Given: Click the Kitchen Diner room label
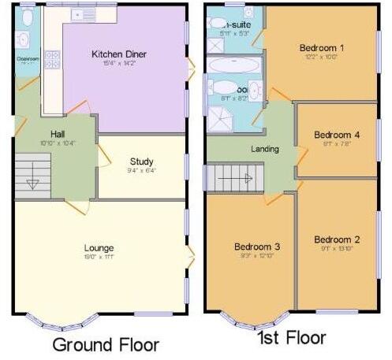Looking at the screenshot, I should (x=119, y=54).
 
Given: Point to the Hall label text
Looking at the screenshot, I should (x=57, y=133).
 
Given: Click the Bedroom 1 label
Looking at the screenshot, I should (x=321, y=48).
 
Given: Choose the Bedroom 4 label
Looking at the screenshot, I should (x=337, y=135).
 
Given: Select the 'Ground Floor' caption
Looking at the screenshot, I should (x=106, y=344).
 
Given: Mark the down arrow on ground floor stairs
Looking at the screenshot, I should (x=33, y=184).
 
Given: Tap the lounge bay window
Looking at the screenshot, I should (x=62, y=321).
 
